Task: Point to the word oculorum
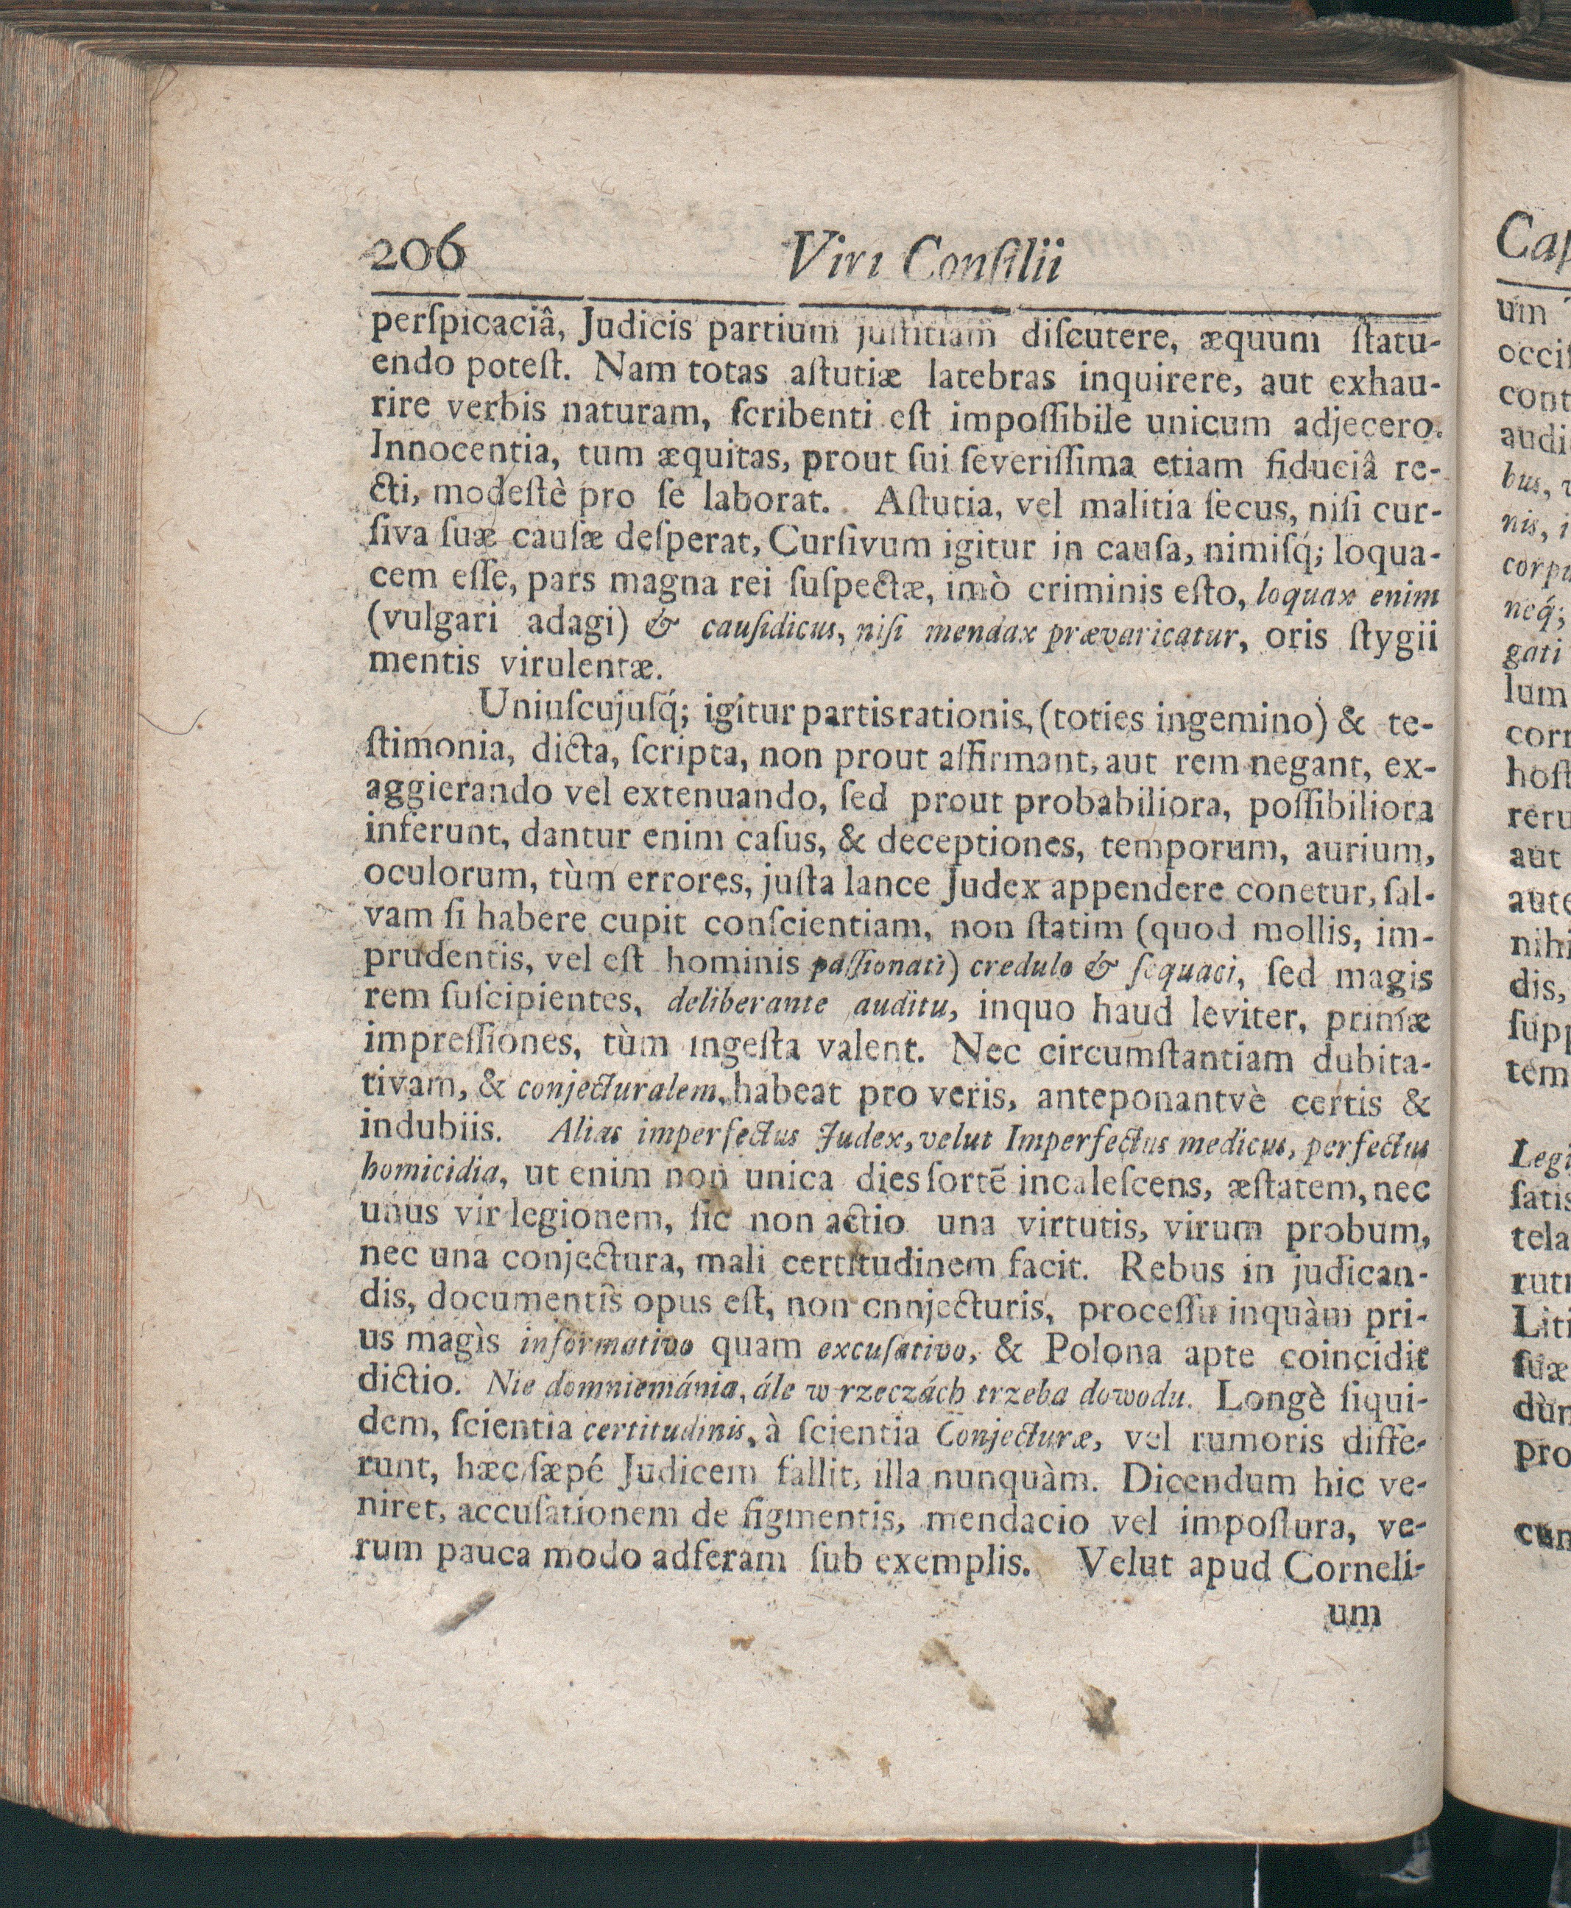434,891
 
